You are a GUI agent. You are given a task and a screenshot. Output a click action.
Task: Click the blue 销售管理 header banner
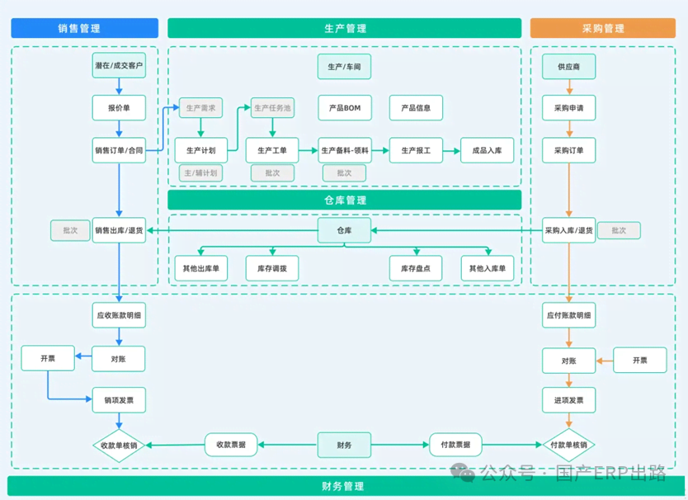click(x=85, y=28)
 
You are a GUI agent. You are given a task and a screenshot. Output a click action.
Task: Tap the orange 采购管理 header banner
click(x=603, y=28)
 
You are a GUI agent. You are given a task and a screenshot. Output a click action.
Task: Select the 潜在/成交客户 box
click(x=119, y=65)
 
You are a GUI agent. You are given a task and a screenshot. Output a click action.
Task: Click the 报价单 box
click(x=119, y=107)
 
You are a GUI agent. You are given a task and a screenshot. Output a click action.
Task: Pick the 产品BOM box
click(x=345, y=107)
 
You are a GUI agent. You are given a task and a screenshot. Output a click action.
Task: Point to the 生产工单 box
click(x=272, y=150)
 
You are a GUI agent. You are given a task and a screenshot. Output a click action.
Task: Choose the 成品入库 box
click(x=487, y=150)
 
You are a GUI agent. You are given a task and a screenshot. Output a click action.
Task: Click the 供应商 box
click(x=568, y=66)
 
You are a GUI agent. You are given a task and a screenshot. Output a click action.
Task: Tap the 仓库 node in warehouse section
click(x=345, y=230)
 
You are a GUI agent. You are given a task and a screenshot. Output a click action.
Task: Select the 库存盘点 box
click(x=416, y=268)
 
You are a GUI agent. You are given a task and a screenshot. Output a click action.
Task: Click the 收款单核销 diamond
click(x=119, y=445)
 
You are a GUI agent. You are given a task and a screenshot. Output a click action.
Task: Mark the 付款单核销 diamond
click(x=568, y=445)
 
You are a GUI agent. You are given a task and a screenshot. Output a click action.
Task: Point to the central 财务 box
click(x=345, y=445)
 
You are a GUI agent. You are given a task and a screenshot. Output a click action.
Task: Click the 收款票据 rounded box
click(x=231, y=445)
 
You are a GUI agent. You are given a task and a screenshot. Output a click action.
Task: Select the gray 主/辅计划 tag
click(x=200, y=173)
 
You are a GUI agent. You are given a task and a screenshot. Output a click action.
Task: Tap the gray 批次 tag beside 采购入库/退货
click(x=619, y=230)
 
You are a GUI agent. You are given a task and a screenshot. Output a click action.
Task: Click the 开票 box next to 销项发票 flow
click(x=48, y=358)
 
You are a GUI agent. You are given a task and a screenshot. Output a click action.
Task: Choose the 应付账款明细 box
click(x=568, y=315)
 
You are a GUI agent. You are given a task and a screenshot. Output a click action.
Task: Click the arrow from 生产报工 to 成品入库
click(x=451, y=150)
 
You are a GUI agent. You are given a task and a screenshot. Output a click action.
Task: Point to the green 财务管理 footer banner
click(x=344, y=486)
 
